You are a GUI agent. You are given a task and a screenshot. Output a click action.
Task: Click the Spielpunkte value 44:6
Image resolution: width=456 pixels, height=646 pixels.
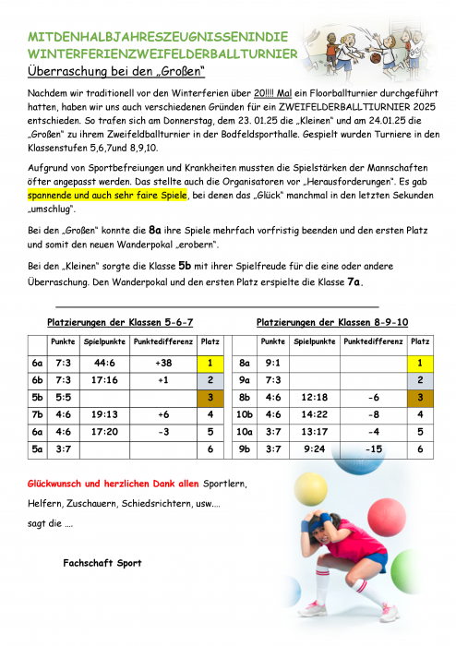(x=104, y=363)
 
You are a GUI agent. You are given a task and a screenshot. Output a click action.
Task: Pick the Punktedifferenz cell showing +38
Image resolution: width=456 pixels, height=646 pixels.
(x=164, y=363)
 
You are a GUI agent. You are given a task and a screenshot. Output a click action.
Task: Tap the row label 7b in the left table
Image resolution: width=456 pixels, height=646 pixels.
(x=38, y=414)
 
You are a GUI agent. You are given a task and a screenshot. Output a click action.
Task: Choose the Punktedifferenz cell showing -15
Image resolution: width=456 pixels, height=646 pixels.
(x=374, y=449)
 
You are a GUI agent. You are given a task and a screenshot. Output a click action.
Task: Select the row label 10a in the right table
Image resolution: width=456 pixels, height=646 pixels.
(x=245, y=431)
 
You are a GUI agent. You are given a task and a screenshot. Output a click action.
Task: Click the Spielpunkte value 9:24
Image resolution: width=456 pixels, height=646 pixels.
(x=313, y=449)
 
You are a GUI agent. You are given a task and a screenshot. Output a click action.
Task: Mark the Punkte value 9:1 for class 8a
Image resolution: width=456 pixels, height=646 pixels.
(x=272, y=363)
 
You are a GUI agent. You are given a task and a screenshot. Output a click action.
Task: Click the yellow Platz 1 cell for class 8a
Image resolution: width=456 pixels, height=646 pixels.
(x=420, y=363)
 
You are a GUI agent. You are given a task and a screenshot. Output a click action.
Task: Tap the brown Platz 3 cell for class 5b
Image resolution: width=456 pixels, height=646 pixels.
(x=210, y=397)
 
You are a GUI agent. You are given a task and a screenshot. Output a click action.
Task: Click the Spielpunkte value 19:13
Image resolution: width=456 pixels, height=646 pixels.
(x=104, y=414)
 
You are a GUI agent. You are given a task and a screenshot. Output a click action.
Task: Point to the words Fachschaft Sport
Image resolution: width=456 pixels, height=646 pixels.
(x=102, y=561)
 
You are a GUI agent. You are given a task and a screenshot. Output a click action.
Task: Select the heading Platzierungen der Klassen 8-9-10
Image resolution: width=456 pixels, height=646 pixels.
(x=331, y=322)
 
